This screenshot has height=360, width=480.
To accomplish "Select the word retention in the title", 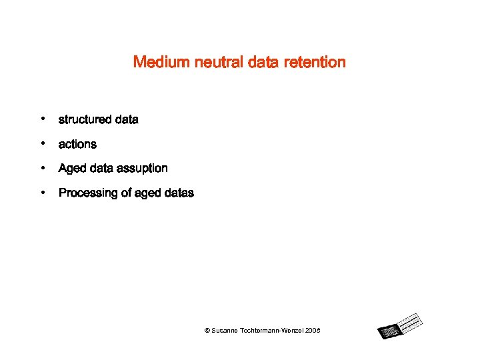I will click(315, 63).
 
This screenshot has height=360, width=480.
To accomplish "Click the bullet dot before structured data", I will click(42, 119).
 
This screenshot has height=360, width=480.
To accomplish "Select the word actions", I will click(77, 144).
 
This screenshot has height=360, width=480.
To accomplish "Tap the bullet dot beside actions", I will click(42, 143).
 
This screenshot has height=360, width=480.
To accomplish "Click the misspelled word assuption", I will click(141, 169).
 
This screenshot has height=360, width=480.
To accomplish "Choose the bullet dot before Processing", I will click(42, 193).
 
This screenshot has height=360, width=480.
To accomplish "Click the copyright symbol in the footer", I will click(207, 331).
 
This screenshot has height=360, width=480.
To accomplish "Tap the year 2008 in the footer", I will click(313, 331).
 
